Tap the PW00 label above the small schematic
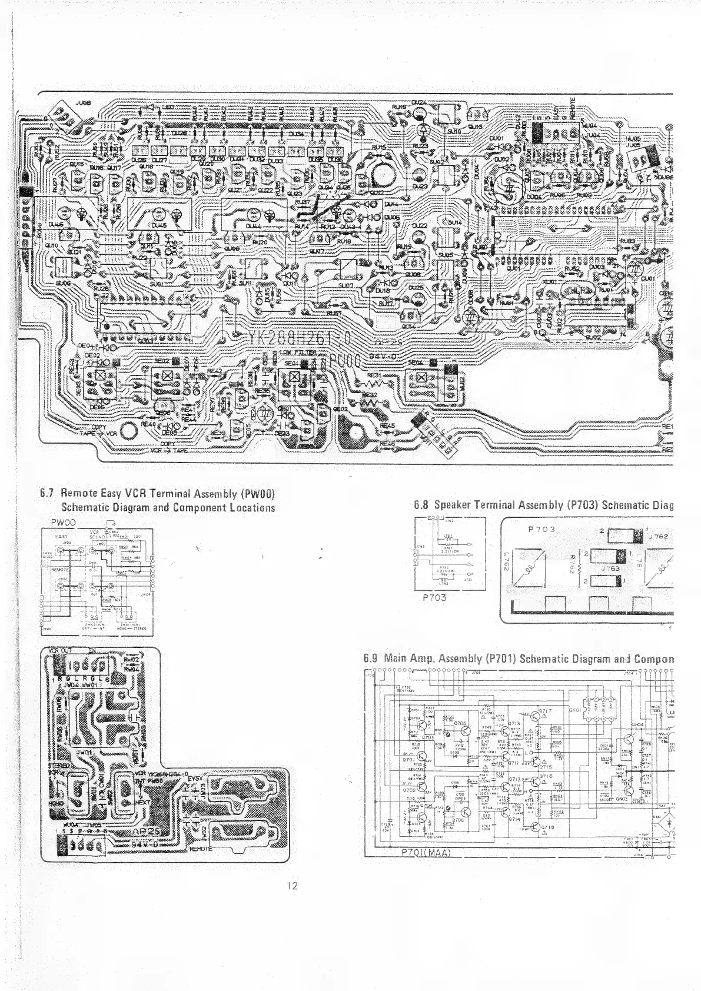point(62,522)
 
